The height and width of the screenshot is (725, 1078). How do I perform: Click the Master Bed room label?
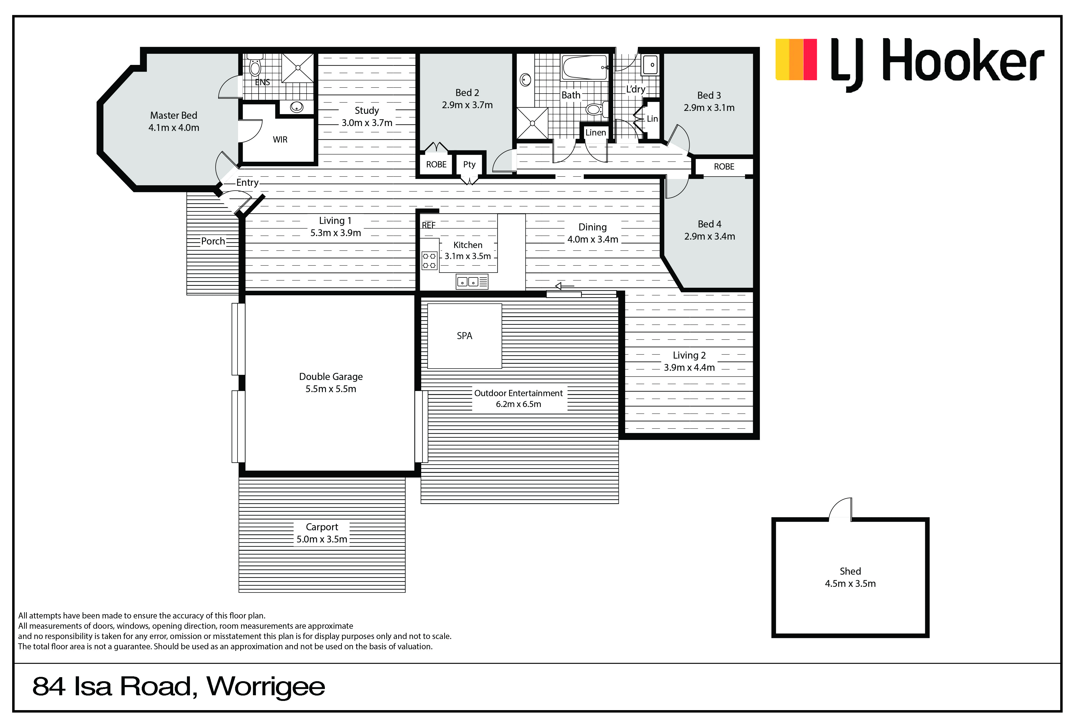173,115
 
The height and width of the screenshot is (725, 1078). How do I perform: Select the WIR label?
280,140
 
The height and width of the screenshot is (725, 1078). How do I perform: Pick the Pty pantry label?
469,165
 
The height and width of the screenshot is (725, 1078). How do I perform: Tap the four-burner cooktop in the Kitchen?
429,260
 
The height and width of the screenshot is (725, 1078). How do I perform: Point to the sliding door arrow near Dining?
564,286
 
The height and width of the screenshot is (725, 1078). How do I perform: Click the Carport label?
322,527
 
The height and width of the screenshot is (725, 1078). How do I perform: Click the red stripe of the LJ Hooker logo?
810,59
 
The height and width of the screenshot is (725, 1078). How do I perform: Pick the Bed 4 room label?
709,224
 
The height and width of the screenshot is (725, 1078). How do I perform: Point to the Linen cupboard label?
596,133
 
